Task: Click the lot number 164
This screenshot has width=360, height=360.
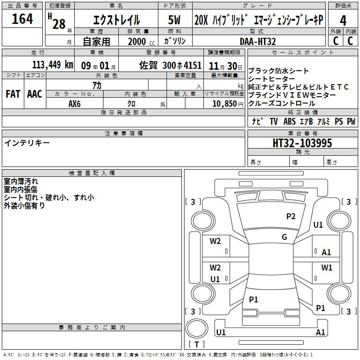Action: tap(22, 19)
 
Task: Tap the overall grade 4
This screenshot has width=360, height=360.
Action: tap(343, 21)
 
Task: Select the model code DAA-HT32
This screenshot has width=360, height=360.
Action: tap(258, 41)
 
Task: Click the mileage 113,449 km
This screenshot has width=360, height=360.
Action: tap(53, 65)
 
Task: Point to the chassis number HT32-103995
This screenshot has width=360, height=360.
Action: tap(302, 143)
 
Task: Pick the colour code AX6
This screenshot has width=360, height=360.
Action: tap(74, 104)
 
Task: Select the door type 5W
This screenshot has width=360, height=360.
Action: tap(174, 20)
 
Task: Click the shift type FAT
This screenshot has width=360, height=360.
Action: tap(13, 94)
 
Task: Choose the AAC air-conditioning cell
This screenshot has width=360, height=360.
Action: tap(35, 94)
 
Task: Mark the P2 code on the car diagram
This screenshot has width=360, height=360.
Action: tap(291, 216)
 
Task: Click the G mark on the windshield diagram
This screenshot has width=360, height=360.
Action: tap(284, 237)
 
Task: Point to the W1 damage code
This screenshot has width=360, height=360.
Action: tap(327, 267)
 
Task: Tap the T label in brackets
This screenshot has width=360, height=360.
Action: tap(197, 344)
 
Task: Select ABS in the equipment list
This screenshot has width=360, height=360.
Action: tap(289, 121)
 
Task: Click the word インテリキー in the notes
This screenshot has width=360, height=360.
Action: tap(27, 143)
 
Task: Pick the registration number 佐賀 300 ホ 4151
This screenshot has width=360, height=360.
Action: tap(171, 65)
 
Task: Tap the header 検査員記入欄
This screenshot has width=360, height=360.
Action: tap(92, 173)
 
